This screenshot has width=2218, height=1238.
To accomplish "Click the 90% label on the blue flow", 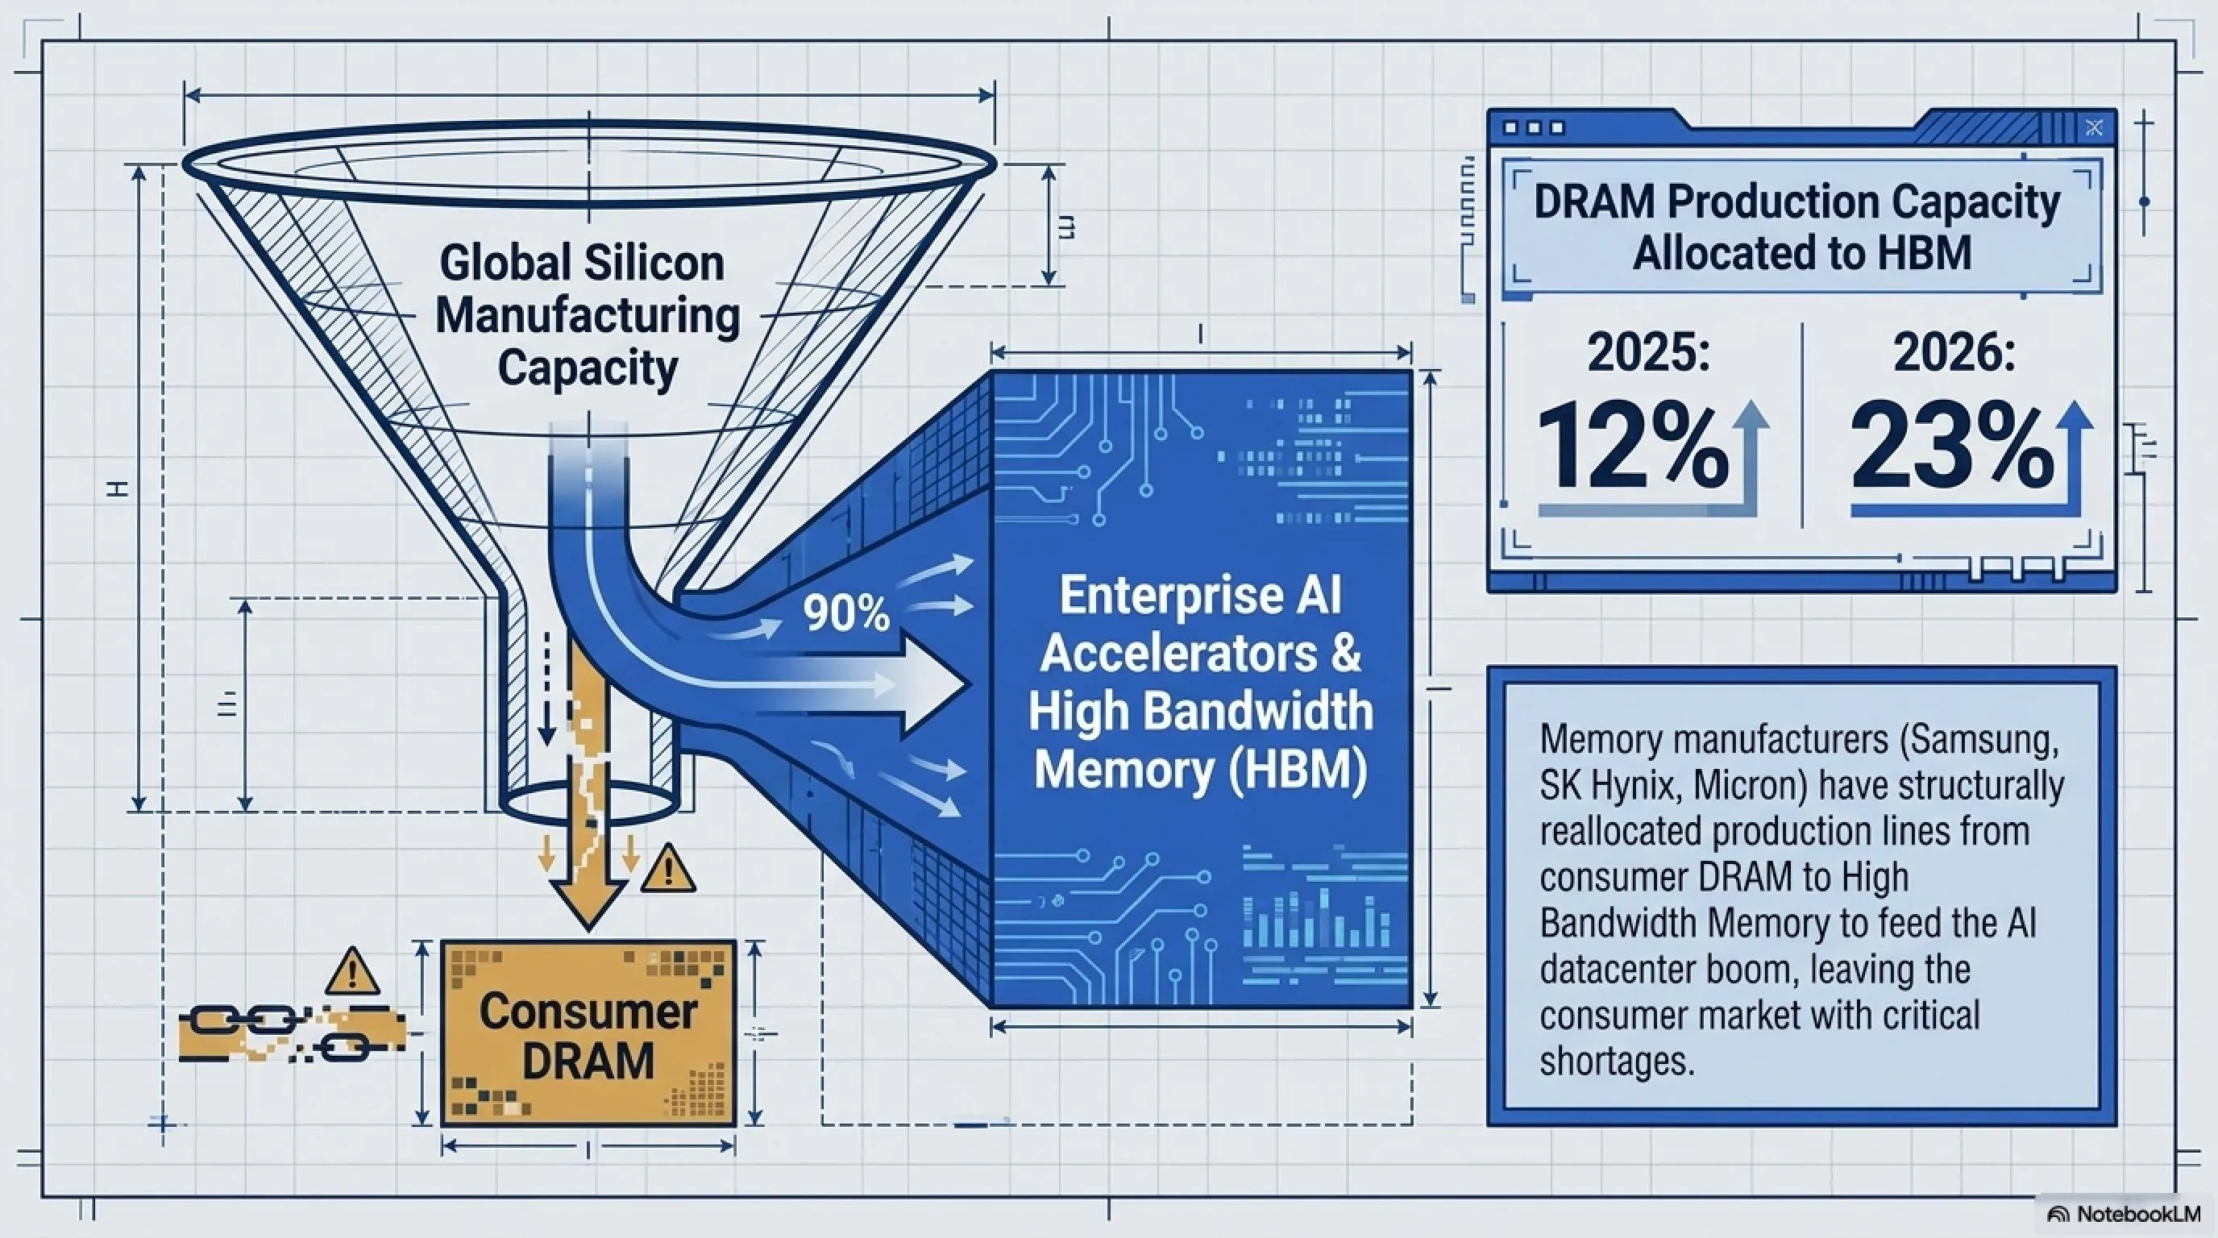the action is (x=845, y=613).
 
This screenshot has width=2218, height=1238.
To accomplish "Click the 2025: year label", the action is (x=1648, y=353).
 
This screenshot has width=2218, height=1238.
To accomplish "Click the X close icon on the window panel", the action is (x=2094, y=128).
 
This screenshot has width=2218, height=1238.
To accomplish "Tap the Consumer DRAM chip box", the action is (x=588, y=1033).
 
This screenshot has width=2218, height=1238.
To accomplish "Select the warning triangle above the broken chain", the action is (x=353, y=970).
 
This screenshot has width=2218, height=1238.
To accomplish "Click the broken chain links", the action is (x=293, y=1032).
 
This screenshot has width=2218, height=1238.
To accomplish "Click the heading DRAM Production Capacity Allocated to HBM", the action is (x=1797, y=227).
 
